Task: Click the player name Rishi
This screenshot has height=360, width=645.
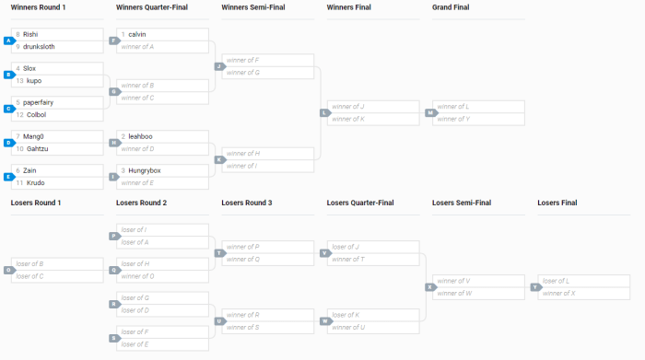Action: [x=30, y=34]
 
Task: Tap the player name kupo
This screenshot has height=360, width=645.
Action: [x=34, y=80]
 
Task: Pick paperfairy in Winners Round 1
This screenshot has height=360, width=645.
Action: [x=40, y=102]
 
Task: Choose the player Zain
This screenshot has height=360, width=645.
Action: [x=31, y=170]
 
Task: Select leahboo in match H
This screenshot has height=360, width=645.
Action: [x=141, y=136]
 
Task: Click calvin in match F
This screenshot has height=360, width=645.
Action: [x=137, y=34]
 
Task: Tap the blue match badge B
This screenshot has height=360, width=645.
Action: [x=8, y=75]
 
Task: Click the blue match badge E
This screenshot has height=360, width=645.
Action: [x=8, y=176]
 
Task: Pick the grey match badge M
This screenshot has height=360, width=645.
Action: [x=429, y=112]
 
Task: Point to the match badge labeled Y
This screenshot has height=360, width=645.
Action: [x=534, y=286]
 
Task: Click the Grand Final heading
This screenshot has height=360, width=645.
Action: [x=451, y=7]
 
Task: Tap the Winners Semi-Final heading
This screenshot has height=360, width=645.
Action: [x=253, y=7]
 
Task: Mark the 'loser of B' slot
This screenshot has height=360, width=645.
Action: [x=30, y=264]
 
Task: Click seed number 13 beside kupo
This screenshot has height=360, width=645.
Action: [x=18, y=80]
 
